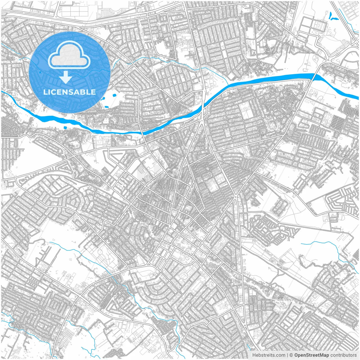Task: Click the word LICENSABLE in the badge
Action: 69,92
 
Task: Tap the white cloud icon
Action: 69,56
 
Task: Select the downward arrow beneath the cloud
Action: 66,77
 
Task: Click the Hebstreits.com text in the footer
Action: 269,355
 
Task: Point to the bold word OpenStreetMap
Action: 312,355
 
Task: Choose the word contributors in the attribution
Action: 343,355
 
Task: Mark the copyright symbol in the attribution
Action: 291,355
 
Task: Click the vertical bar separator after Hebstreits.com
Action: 287,355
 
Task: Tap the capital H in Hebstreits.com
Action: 254,355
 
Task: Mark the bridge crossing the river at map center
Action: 202,108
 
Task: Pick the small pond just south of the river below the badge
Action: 66,128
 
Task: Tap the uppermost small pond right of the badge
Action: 114,95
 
